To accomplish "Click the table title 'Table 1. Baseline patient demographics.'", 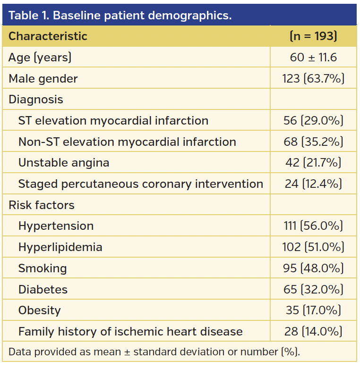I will coord(120,15).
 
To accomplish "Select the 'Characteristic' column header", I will coord(48,36).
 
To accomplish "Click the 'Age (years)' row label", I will coord(40,58).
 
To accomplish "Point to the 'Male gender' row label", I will coord(43,79).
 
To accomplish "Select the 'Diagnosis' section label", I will coord(36,100).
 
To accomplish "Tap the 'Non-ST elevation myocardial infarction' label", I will coord(127,142).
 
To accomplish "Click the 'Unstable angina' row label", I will coord(64,163).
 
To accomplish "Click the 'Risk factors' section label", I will coord(42,205).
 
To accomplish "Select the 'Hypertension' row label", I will coord(56,226).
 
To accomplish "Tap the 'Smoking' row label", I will coord(43,268).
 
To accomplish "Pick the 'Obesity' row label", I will coord(40,310).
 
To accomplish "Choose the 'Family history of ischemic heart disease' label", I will coord(130,332).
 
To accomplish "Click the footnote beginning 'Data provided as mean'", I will coord(154,352).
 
